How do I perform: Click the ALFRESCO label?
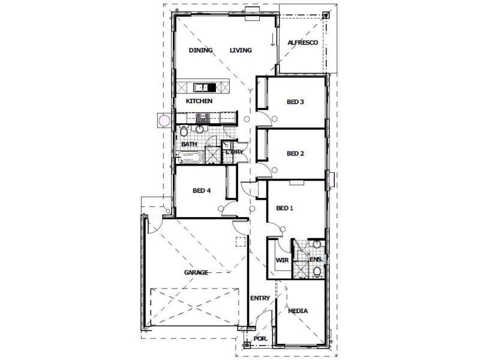coord(302,43)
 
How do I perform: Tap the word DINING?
coord(201,50)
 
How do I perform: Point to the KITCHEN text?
coord(199,101)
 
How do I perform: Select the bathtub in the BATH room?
coord(190,159)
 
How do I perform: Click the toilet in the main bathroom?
coord(183,131)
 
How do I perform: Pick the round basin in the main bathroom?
coord(200,130)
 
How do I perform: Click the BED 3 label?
coord(295,102)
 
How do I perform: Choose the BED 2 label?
coord(295,153)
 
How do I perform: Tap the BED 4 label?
coord(201,191)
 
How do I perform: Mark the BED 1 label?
coord(284,208)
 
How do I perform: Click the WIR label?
coord(281,260)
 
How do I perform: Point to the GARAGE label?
coord(196,272)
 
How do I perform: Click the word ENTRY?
coord(261,298)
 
